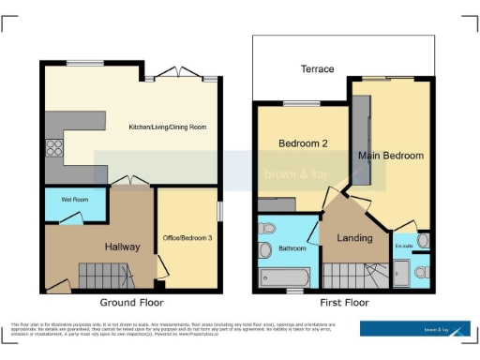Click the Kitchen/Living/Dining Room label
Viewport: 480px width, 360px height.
click(167, 127)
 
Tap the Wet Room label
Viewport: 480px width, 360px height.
click(74, 200)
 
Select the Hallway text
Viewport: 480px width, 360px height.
click(122, 247)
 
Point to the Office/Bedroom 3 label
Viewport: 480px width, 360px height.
click(187, 238)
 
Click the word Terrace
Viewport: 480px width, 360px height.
click(317, 69)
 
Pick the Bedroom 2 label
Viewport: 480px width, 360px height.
click(302, 143)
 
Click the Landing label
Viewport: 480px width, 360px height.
click(354, 238)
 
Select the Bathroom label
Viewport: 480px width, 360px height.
click(290, 248)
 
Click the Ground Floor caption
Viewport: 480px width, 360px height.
click(131, 303)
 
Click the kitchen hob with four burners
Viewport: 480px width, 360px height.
click(53, 148)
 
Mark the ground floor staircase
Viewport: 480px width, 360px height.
click(103, 276)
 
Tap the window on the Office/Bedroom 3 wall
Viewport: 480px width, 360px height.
click(219, 210)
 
